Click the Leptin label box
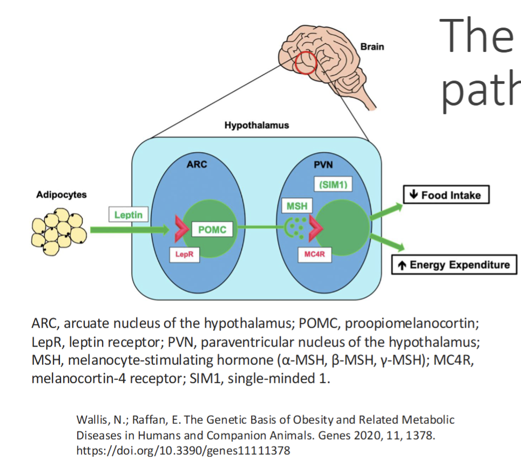click(128, 215)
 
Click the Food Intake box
click(446, 195)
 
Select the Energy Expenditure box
click(454, 265)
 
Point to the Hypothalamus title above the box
click(256, 125)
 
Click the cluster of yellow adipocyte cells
click(59, 231)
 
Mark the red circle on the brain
click(305, 62)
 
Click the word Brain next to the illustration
click(373, 46)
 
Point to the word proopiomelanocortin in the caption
click(411, 324)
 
